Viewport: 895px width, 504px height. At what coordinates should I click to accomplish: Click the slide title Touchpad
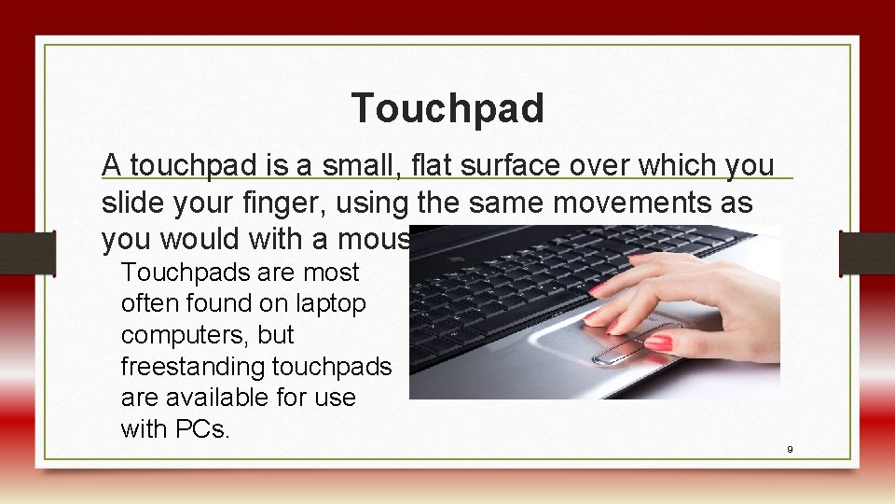[x=447, y=108]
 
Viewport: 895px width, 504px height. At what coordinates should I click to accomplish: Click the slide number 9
[x=790, y=450]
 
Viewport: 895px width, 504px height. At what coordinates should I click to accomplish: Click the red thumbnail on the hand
[x=658, y=343]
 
